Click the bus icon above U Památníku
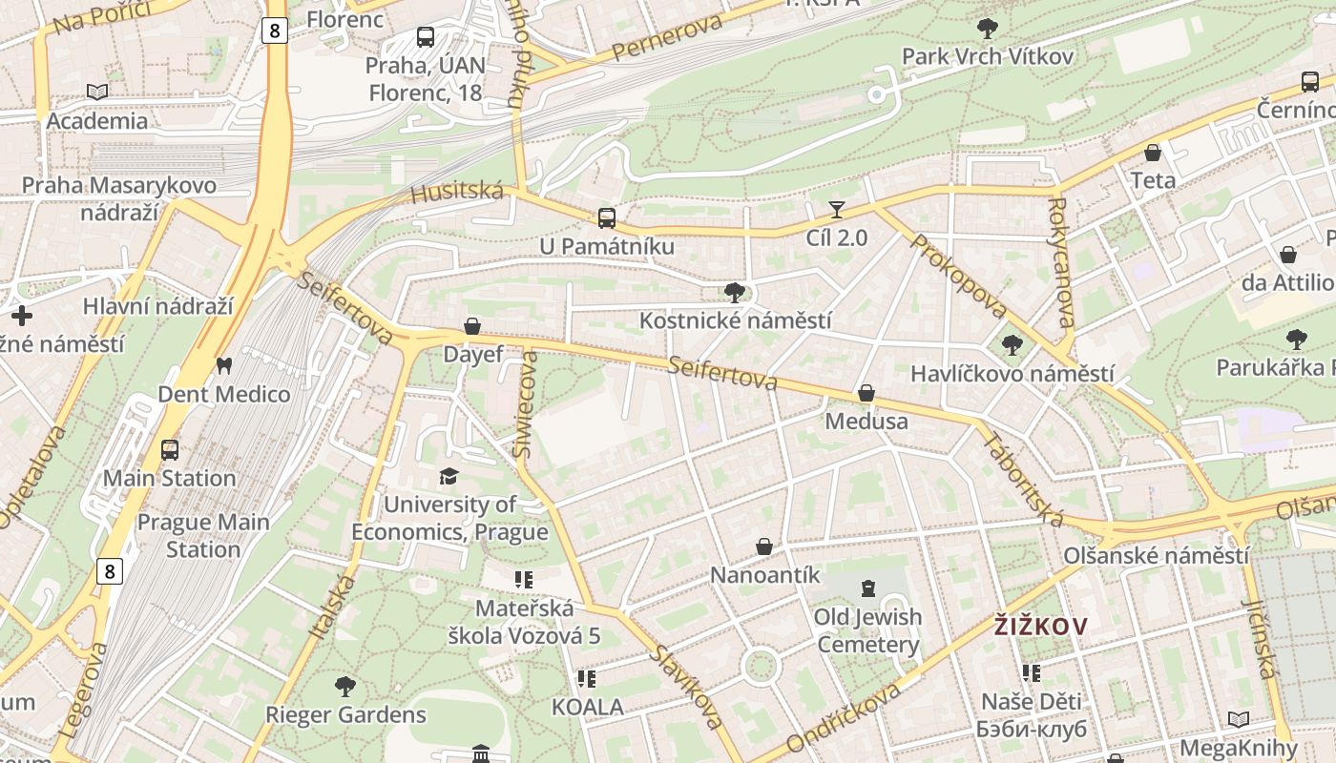pyautogui.click(x=606, y=217)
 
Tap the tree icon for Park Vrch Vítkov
pyautogui.click(x=988, y=29)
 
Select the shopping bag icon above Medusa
pyautogui.click(x=866, y=393)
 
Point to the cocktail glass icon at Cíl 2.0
pyautogui.click(x=837, y=209)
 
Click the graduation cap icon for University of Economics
pyautogui.click(x=449, y=476)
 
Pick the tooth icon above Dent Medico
pyautogui.click(x=224, y=365)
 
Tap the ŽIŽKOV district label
pyautogui.click(x=1040, y=627)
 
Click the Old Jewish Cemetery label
pyautogui.click(x=867, y=630)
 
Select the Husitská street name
pyautogui.click(x=457, y=193)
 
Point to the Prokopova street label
pyautogui.click(x=958, y=276)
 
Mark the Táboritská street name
pyautogui.click(x=1023, y=479)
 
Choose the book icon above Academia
pyautogui.click(x=97, y=92)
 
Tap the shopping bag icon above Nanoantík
pyautogui.click(x=764, y=546)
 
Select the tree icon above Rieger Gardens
pyautogui.click(x=345, y=686)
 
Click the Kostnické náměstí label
pyautogui.click(x=735, y=320)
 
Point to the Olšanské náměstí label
pyautogui.click(x=1157, y=555)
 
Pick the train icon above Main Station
pyautogui.click(x=170, y=449)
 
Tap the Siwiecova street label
pyautogui.click(x=526, y=404)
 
